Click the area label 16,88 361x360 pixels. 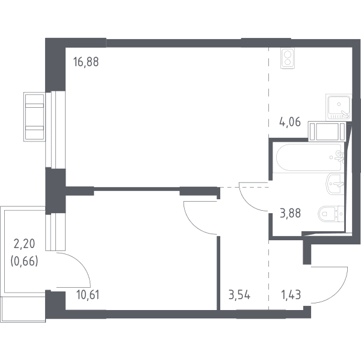pos(86,62)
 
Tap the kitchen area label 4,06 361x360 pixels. pos(290,122)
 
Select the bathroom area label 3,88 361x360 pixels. pos(290,213)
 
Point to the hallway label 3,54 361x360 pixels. pos(239,295)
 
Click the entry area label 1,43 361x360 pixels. pos(291,295)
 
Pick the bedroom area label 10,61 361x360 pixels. pos(88,295)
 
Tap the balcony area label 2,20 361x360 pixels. pos(25,244)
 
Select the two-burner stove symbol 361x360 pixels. pos(288,58)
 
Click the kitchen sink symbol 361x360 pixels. pos(339,107)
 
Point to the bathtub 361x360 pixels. pos(310,158)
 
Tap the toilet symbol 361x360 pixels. pos(331,214)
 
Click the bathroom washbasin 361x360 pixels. pos(335,184)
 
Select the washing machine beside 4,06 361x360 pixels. pos(327,131)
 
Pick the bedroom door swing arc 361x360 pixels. pos(193,225)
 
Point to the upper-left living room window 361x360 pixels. pos(55,129)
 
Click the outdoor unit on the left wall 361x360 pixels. pos(34,117)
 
